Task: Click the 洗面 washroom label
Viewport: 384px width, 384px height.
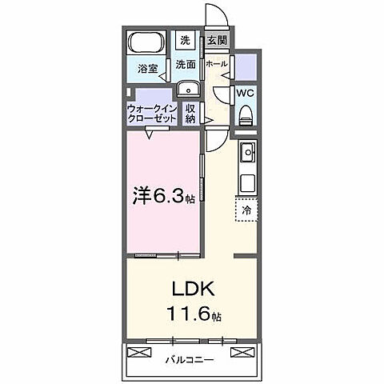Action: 186,64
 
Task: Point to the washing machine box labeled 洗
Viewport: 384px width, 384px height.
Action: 185,40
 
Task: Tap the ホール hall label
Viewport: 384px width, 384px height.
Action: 217,64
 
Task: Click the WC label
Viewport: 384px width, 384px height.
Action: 246,93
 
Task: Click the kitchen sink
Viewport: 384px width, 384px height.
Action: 247,151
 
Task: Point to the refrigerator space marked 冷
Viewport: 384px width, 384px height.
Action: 247,210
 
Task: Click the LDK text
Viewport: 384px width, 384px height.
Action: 191,288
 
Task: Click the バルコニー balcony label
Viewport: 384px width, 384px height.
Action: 190,360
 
